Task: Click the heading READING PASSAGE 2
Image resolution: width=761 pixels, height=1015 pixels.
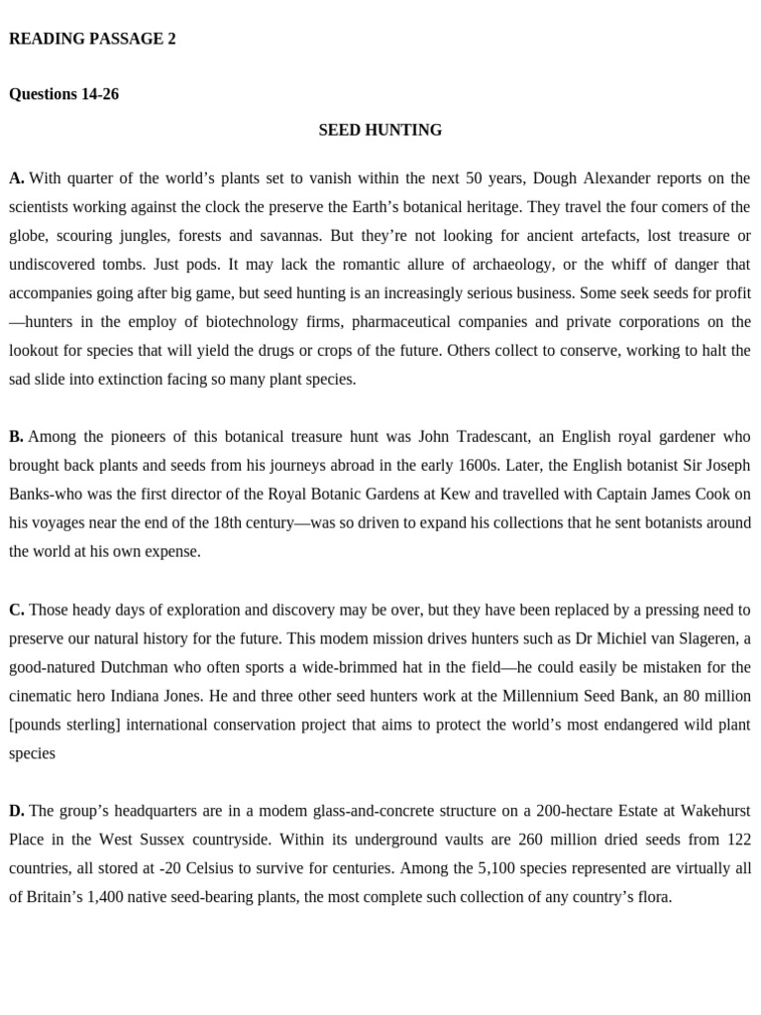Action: click(92, 40)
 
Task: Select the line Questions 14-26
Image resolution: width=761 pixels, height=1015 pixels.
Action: click(63, 94)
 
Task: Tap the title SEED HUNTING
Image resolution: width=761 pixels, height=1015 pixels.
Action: click(380, 130)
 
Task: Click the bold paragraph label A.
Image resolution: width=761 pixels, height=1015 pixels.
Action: click(16, 178)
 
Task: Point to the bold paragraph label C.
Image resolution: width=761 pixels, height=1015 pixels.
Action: click(16, 610)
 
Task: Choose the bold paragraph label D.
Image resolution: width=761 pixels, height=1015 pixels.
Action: click(17, 811)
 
